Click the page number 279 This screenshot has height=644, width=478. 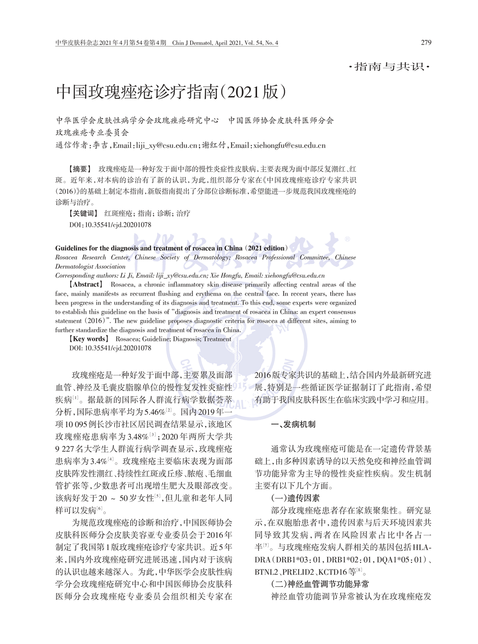426,42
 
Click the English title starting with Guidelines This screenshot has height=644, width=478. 171,248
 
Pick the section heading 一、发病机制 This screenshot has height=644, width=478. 293,424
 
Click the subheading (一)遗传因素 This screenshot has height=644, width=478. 296,498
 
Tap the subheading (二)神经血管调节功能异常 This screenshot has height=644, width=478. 320,584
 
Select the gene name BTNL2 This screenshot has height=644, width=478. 266,572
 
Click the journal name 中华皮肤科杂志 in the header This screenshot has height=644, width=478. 77,43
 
